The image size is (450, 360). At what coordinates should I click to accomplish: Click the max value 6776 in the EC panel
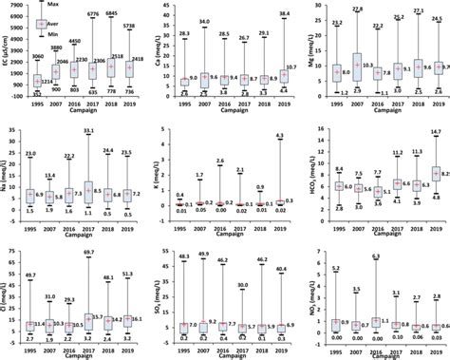[95, 15]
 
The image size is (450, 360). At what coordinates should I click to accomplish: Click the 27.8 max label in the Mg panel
[357, 9]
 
